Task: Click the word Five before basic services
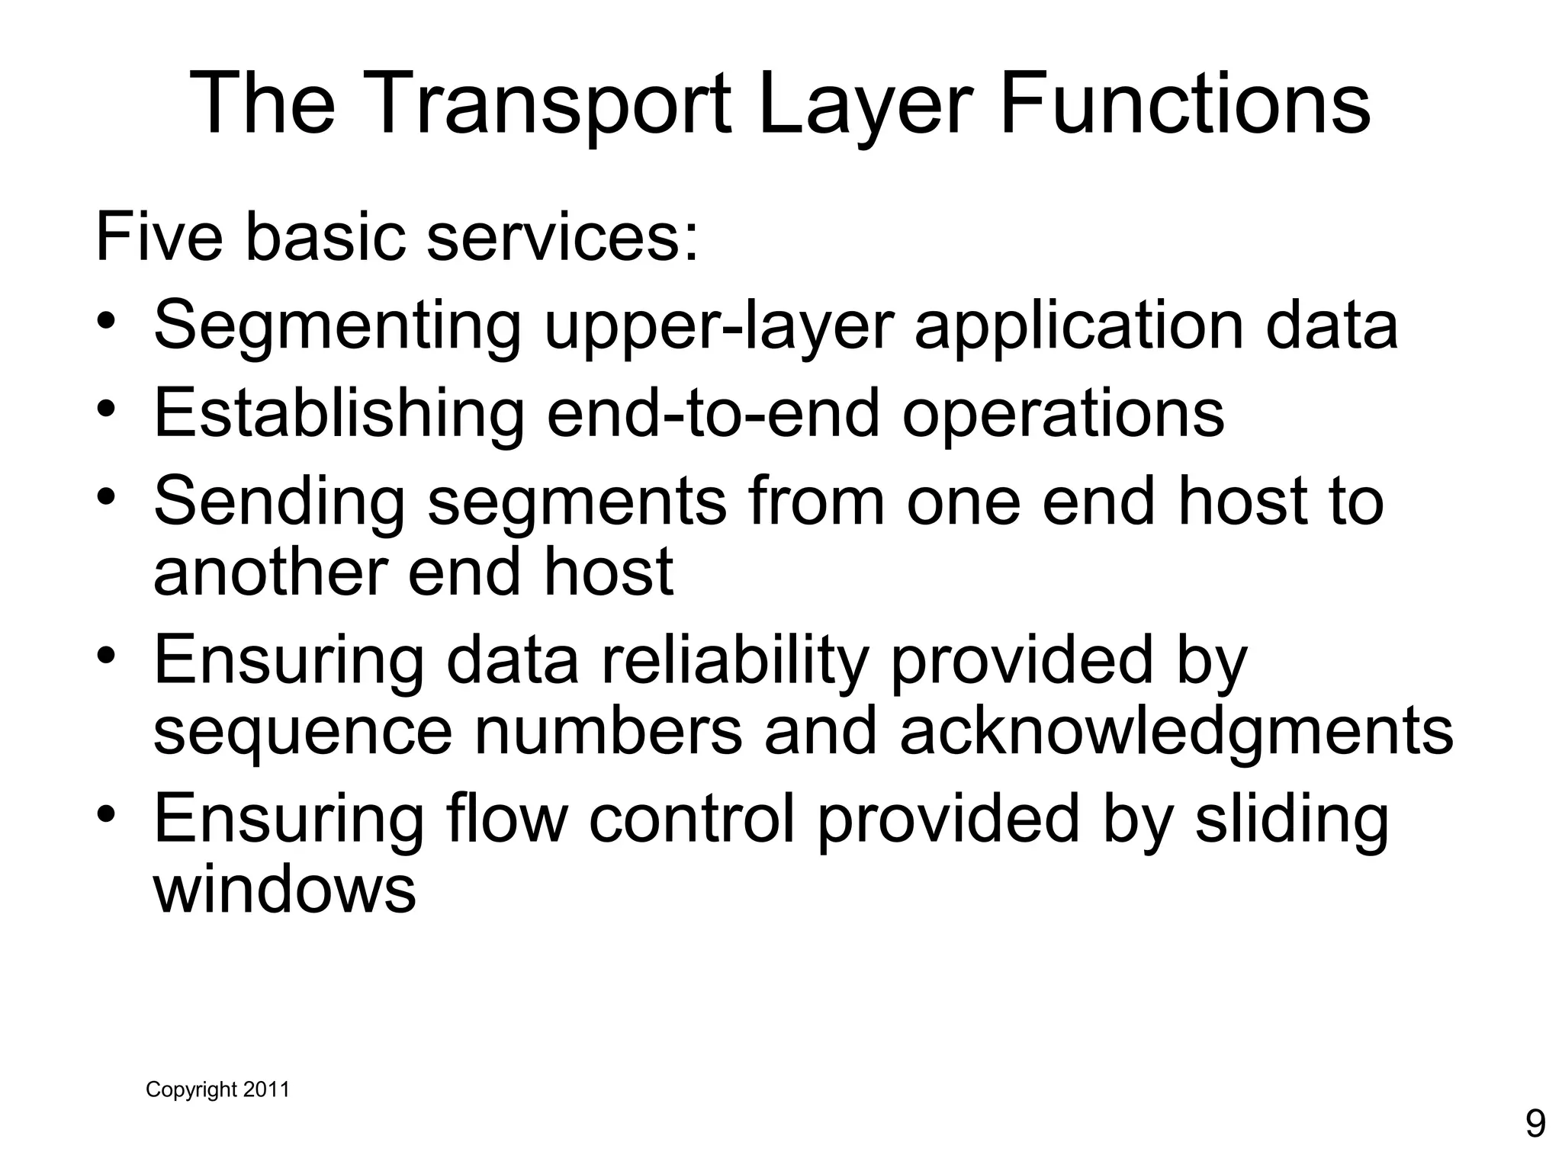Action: coord(159,237)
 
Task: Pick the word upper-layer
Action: coord(718,326)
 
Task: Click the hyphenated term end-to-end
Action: coord(713,413)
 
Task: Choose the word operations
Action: coord(1063,413)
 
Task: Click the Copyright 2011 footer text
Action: coord(217,1089)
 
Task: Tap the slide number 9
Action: coord(1535,1123)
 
